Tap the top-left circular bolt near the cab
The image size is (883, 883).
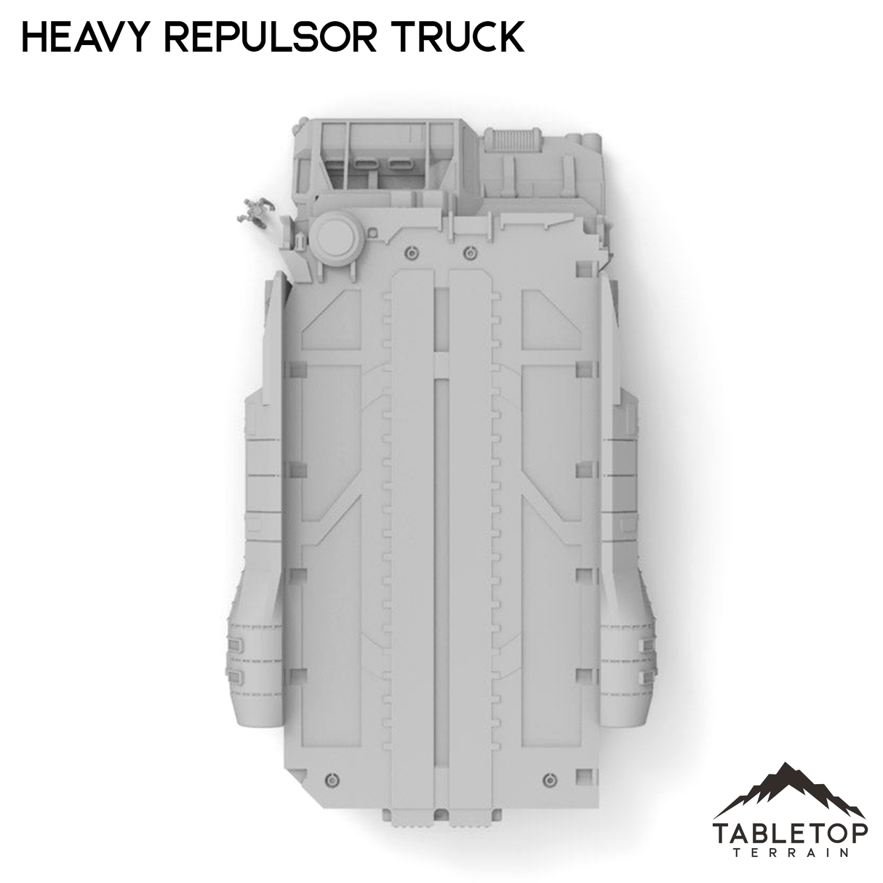pyautogui.click(x=412, y=252)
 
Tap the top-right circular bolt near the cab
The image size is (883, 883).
pyautogui.click(x=469, y=252)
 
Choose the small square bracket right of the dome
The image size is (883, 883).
pyautogui.click(x=373, y=233)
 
